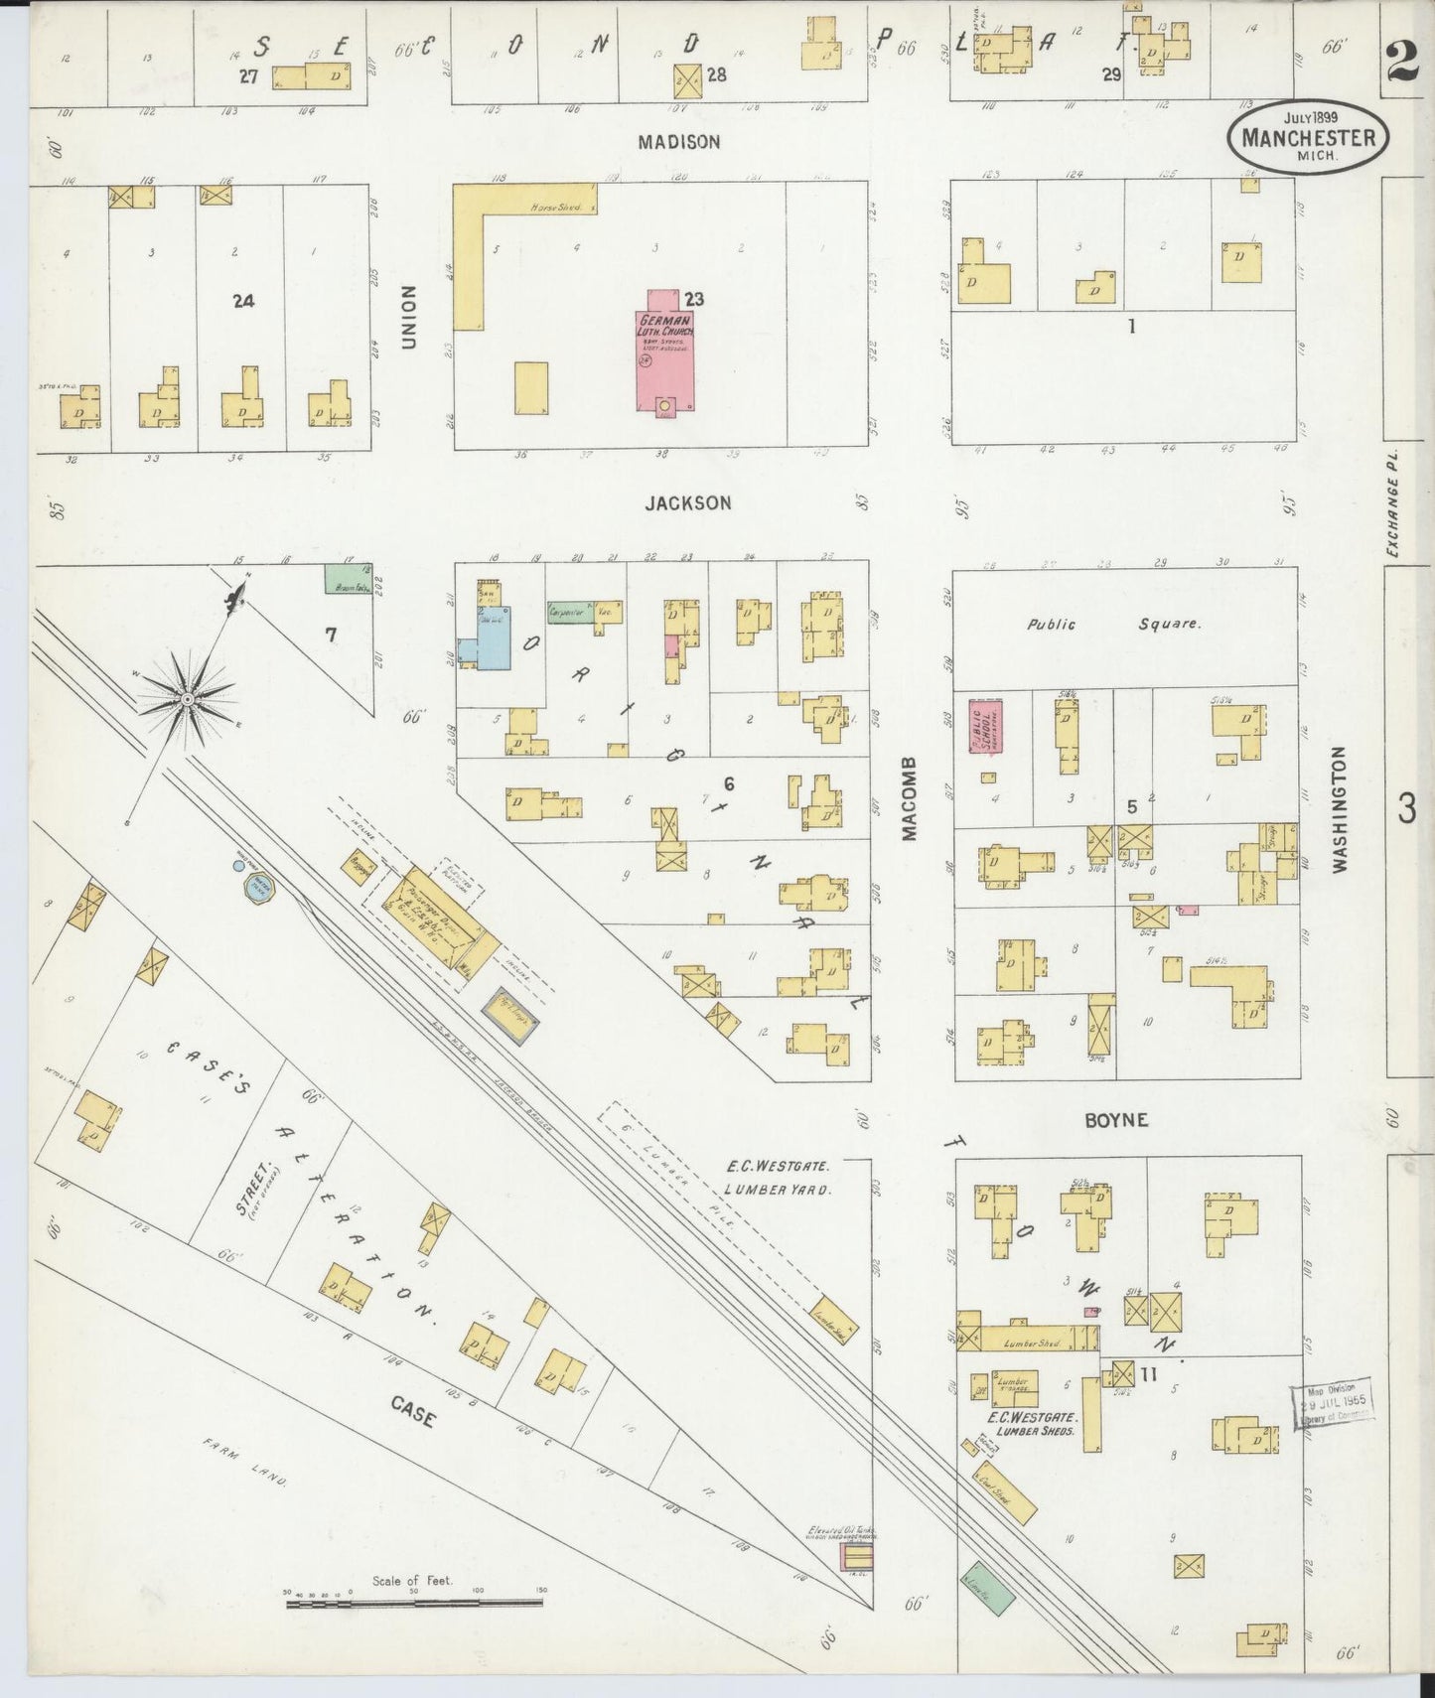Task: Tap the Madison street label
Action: pyautogui.click(x=679, y=142)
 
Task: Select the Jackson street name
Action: pyautogui.click(x=688, y=503)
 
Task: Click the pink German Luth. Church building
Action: pyautogui.click(x=664, y=353)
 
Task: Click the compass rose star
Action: pyautogui.click(x=188, y=699)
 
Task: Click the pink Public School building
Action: pyautogui.click(x=987, y=728)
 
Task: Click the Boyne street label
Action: pyautogui.click(x=1116, y=1119)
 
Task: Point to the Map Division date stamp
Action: pyautogui.click(x=1334, y=1403)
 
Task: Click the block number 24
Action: pyautogui.click(x=243, y=300)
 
